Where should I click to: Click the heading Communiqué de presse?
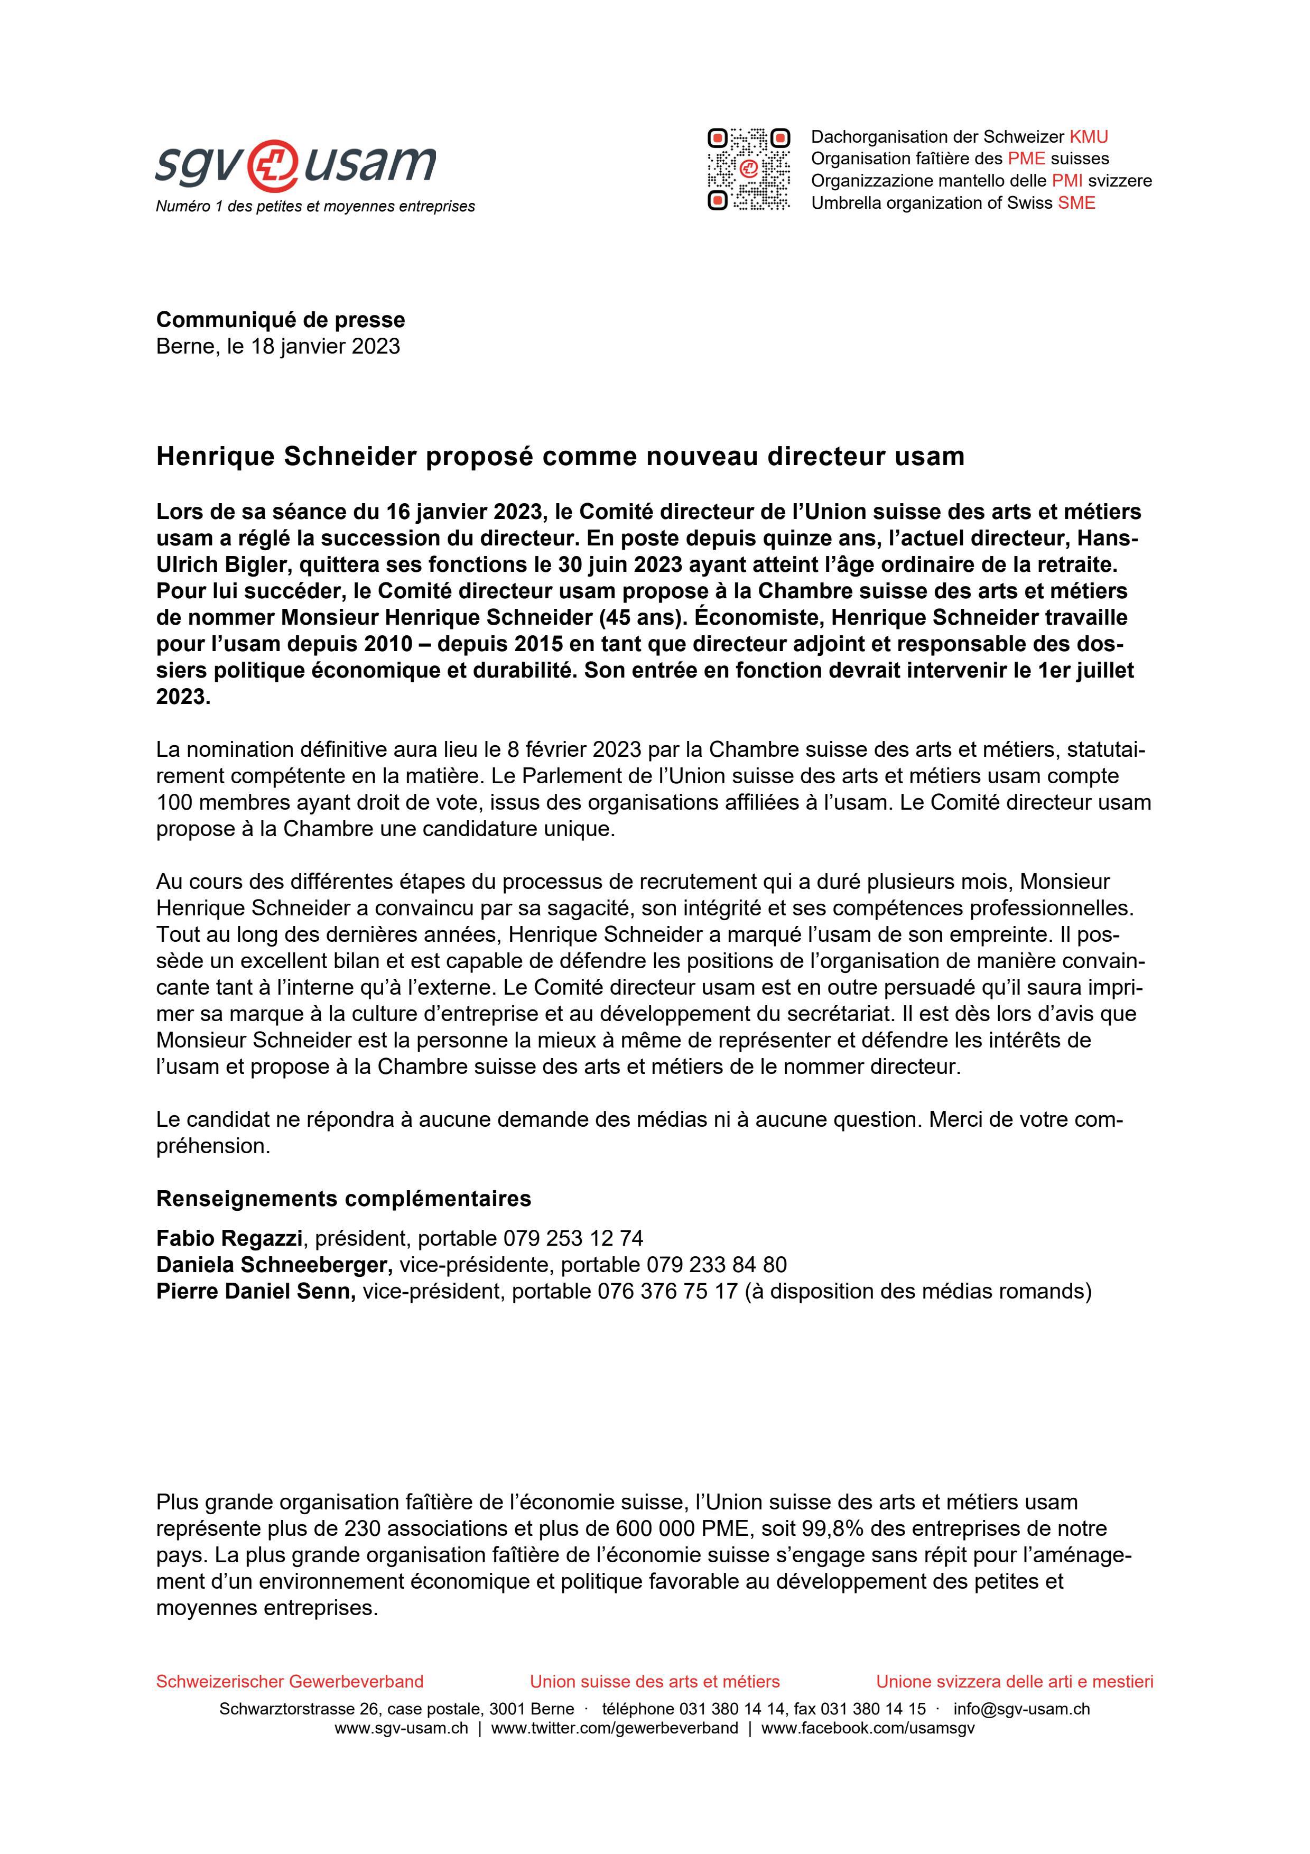[280, 320]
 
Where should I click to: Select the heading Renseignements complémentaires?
[343, 1198]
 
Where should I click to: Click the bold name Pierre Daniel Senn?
[256, 1291]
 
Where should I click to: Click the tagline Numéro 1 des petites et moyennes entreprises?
[315, 207]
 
